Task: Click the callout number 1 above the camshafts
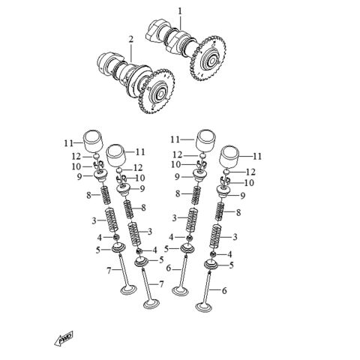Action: (180, 10)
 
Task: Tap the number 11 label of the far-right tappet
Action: (257, 156)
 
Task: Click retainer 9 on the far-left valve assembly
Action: (103, 177)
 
